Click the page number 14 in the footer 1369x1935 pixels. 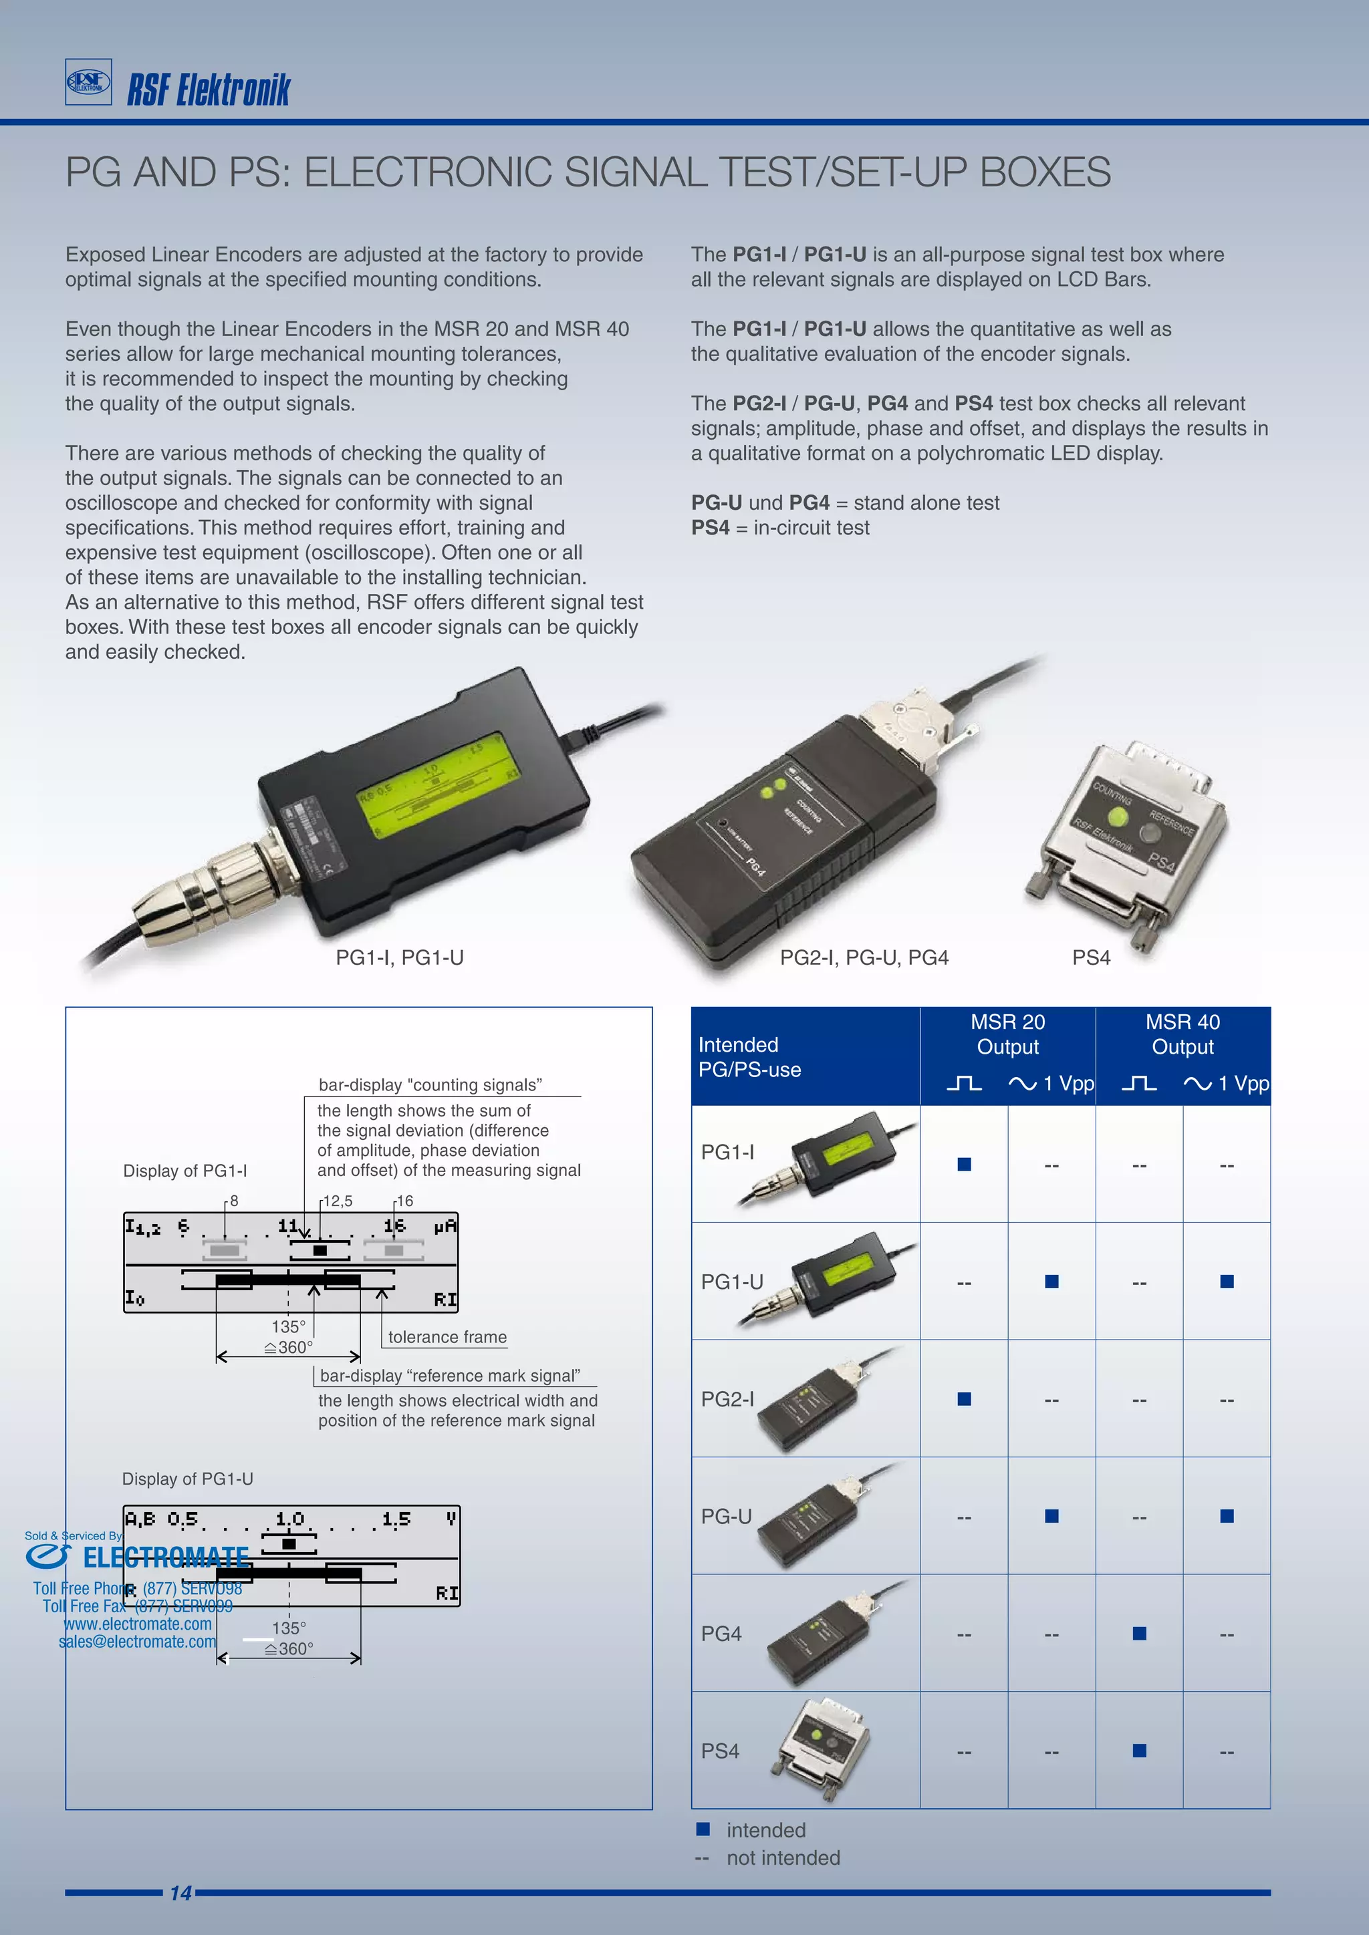180,1893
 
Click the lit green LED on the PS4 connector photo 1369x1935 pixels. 1118,816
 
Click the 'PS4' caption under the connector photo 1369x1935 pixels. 1091,957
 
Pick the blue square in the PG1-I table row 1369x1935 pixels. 965,1164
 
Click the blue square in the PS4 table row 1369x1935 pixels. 1139,1751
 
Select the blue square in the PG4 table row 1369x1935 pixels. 1139,1633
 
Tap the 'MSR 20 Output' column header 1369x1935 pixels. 1007,1034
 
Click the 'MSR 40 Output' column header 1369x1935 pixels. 1182,1034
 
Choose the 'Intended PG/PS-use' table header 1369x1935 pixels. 749,1057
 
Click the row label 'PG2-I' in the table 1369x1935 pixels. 727,1399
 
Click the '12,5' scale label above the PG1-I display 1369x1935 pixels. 338,1201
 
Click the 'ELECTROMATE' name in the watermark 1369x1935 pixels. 165,1557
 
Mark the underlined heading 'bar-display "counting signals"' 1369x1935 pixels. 430,1084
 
